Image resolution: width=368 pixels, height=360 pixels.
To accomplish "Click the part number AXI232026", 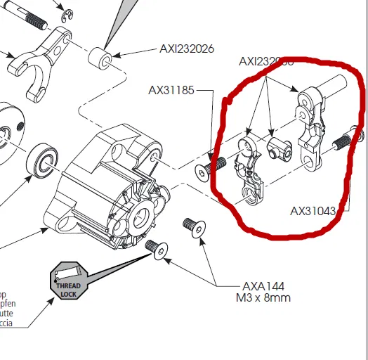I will click(186, 49).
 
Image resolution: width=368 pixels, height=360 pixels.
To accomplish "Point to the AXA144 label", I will click(261, 286).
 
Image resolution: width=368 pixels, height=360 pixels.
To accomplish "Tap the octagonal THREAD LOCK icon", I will click(68, 282).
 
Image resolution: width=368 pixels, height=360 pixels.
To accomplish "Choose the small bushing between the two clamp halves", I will click(279, 148).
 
